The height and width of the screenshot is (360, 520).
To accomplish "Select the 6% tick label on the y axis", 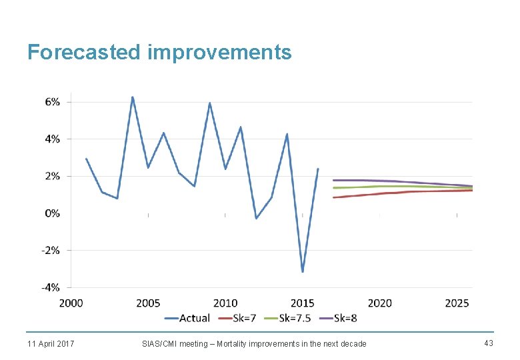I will click(x=52, y=101).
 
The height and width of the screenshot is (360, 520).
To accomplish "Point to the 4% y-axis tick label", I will click(x=52, y=139).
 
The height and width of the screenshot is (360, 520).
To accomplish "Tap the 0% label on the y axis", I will click(x=52, y=213).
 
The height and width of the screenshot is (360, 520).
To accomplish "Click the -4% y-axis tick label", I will click(x=51, y=287).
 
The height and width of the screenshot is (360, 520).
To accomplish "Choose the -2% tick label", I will click(x=51, y=251).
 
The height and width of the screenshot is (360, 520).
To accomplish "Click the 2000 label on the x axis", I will click(x=71, y=303).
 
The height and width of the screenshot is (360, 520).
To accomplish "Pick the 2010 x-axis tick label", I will click(x=225, y=303).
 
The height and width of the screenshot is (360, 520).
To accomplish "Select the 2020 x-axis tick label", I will click(x=379, y=303).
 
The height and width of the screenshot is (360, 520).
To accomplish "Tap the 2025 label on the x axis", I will click(x=457, y=303).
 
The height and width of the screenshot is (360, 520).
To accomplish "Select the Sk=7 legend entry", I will click(x=245, y=318).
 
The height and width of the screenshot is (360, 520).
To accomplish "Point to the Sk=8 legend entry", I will click(x=345, y=318).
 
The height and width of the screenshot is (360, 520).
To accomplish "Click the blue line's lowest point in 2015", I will click(x=303, y=271).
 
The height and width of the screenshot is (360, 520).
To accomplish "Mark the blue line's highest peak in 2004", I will click(x=133, y=97).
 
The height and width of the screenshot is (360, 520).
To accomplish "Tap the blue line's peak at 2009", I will click(x=209, y=103).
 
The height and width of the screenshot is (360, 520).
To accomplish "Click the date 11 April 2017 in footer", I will click(x=51, y=343).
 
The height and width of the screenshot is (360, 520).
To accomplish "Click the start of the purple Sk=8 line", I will click(x=334, y=180).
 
